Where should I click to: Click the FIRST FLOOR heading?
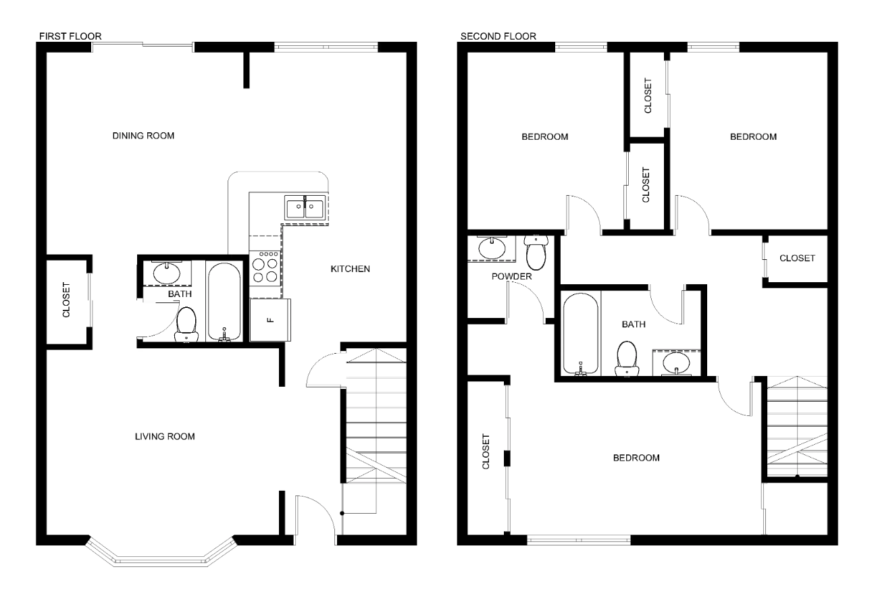coord(70,36)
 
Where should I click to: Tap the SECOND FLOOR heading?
coord(498,36)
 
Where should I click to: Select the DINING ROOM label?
coord(143,136)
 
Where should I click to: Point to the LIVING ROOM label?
coord(165,436)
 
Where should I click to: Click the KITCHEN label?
coord(350,269)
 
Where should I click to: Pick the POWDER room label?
coord(511,277)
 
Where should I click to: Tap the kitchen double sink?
coord(305,207)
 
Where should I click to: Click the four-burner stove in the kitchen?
coord(265,268)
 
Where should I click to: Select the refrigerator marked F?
coord(270,320)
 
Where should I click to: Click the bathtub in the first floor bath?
coord(224,302)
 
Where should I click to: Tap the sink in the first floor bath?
coord(167,273)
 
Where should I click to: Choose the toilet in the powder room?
coord(536,252)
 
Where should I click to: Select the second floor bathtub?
coord(581,333)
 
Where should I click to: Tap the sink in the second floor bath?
coord(677,363)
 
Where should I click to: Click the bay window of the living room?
coord(161,553)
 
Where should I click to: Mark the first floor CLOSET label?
coord(66,300)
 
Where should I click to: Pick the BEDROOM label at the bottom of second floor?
coord(636,458)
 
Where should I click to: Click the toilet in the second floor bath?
coord(627,358)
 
